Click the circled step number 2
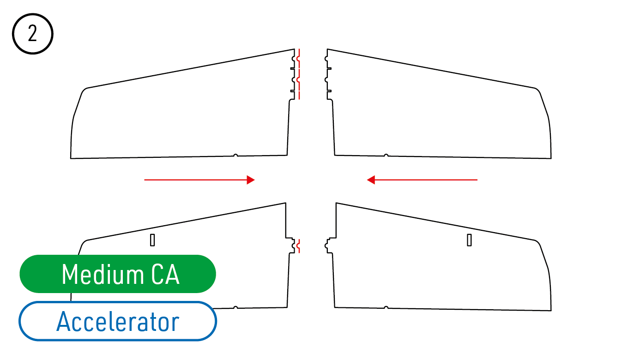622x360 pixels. pyautogui.click(x=32, y=34)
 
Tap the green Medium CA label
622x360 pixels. pyautogui.click(x=118, y=274)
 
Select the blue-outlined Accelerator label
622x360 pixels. pyautogui.click(x=118, y=321)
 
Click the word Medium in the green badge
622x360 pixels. pyautogui.click(x=103, y=274)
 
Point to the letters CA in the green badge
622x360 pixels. pyautogui.click(x=165, y=274)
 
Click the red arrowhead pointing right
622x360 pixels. pyautogui.click(x=251, y=180)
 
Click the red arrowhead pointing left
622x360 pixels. pyautogui.click(x=371, y=180)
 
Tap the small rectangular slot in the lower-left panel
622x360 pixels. pyautogui.click(x=152, y=240)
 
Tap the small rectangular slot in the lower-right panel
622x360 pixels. pyautogui.click(x=469, y=240)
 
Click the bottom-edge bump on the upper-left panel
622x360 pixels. pyautogui.click(x=236, y=155)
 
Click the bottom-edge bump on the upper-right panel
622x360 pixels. pyautogui.click(x=386, y=155)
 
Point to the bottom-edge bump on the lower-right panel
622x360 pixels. pyautogui.click(x=386, y=307)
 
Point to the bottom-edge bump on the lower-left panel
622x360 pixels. pyautogui.click(x=236, y=307)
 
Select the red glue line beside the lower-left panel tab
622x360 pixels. pyautogui.click(x=298, y=246)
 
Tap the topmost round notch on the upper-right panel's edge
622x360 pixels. pyautogui.click(x=326, y=59)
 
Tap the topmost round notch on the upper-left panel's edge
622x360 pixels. pyautogui.click(x=293, y=59)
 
